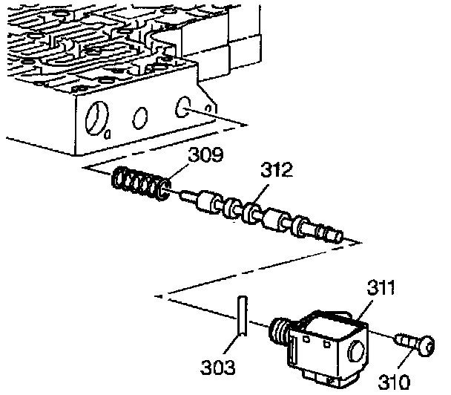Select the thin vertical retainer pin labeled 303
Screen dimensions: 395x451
241,316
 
